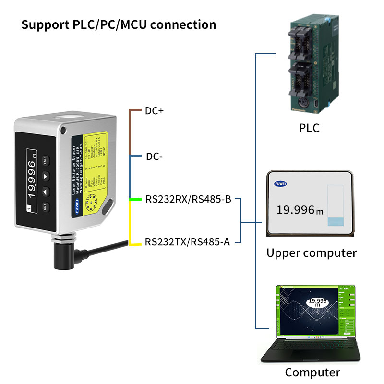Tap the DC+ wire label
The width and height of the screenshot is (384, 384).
click(x=154, y=111)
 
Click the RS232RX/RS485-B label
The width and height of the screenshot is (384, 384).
click(x=188, y=199)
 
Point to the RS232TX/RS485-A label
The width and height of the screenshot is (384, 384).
click(x=187, y=241)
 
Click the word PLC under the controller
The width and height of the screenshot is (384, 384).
click(x=309, y=129)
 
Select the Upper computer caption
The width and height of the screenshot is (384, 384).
click(x=312, y=253)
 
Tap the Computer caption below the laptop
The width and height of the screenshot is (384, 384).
click(x=312, y=372)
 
